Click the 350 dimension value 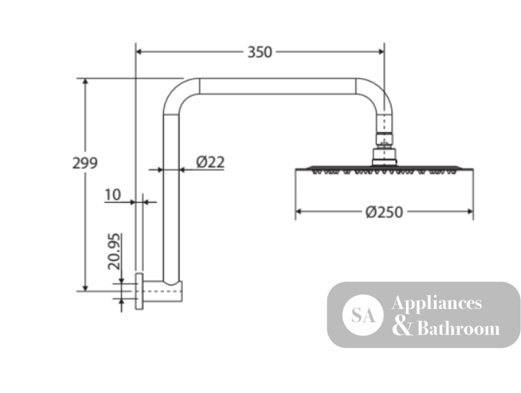coord(260,52)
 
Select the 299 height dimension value coord(85,163)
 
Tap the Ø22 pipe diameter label coord(210,162)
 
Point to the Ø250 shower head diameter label coord(384,212)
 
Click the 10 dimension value coord(113,195)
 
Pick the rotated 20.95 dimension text coord(114,251)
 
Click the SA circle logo coord(363,315)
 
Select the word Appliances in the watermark coord(437,303)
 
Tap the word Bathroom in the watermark coord(458,328)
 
